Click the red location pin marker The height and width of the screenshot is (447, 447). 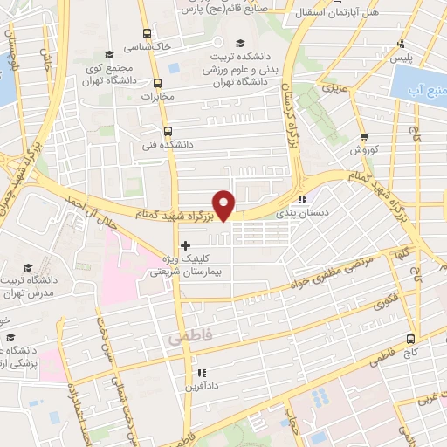225,203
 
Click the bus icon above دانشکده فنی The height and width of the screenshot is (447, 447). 155,131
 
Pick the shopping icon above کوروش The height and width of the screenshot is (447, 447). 363,137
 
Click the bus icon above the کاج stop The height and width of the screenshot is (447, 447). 410,339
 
